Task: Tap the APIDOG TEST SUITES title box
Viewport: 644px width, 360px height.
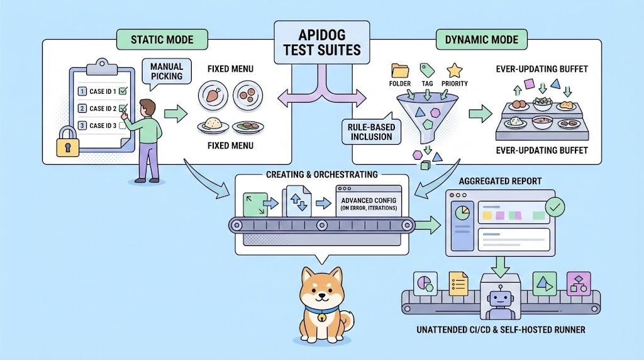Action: (x=321, y=42)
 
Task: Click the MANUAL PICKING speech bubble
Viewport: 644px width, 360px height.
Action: (x=167, y=72)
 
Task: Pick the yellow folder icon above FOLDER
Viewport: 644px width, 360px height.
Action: (x=400, y=70)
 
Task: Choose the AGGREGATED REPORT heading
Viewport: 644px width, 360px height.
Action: (x=500, y=181)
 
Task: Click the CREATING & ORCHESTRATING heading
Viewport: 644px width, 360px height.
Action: (x=321, y=174)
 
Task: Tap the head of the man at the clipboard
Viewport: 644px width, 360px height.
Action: (x=147, y=107)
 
